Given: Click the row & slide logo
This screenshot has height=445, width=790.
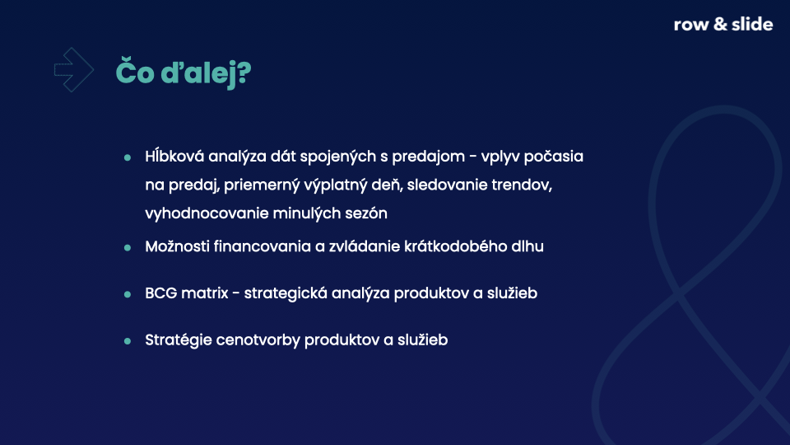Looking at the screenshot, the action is tap(723, 24).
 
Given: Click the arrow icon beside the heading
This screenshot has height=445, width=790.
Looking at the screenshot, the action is tap(74, 69).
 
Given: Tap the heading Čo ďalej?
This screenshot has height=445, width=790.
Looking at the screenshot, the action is tap(184, 73).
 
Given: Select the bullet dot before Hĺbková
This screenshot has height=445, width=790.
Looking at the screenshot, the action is tap(128, 158).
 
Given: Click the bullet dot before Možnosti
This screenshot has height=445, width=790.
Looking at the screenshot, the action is tap(128, 248).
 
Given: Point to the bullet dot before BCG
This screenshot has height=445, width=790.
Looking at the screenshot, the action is tap(128, 294).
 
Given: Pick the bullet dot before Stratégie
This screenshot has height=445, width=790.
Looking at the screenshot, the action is tap(128, 341).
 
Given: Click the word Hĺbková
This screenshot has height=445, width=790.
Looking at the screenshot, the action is tap(174, 157).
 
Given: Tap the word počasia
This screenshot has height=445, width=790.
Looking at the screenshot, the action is tap(553, 157).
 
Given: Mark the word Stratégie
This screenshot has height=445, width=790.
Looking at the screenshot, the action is tap(179, 340).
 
